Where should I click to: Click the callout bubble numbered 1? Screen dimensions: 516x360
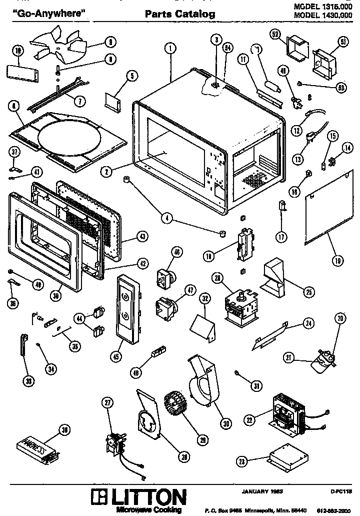tap(170, 49)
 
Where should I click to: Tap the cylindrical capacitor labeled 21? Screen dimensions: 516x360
tap(321, 361)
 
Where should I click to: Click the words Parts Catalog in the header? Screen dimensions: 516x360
tap(180, 15)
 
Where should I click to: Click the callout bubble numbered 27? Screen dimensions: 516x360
tap(106, 403)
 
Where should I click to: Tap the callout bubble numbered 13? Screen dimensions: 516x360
tap(298, 159)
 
